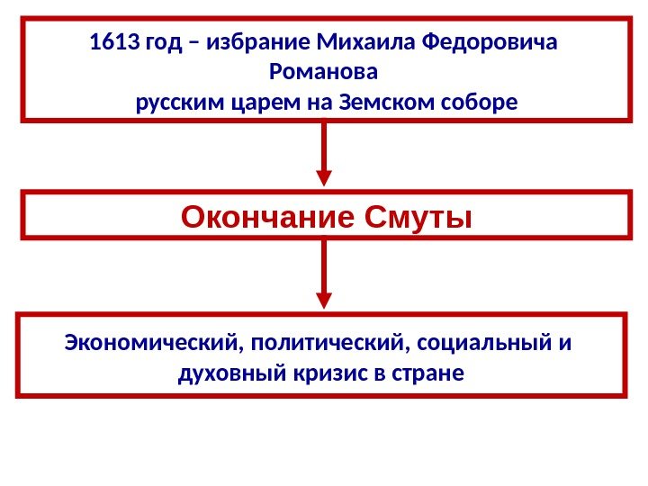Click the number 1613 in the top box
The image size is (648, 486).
coord(108,43)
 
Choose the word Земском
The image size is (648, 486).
coord(382,102)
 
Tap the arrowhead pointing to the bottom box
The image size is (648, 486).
coord(324,298)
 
